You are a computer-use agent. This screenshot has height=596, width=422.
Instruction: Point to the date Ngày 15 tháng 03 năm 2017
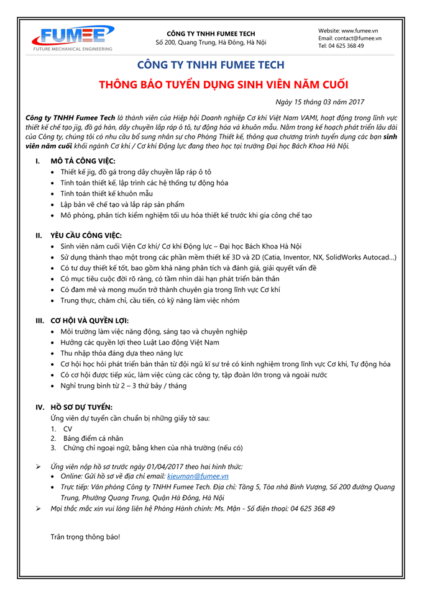tap(319, 102)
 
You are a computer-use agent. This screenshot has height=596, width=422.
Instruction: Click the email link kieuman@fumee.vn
tap(198, 476)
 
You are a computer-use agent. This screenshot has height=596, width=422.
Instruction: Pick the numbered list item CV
tap(68, 428)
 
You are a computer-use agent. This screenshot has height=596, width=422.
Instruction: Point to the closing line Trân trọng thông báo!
tap(85, 536)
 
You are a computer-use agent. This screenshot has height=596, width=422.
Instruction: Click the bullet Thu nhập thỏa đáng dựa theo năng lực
tap(122, 353)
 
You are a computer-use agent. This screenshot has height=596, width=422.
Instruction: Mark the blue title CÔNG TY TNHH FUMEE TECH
tap(211, 65)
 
